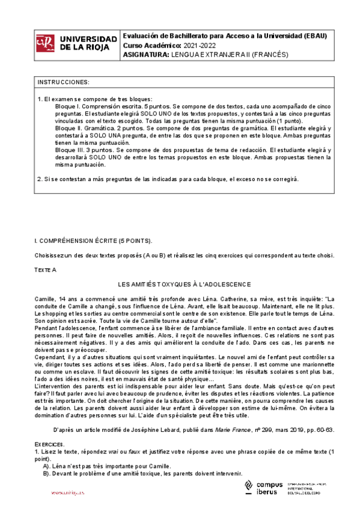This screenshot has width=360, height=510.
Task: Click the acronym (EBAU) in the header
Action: pos(314,35)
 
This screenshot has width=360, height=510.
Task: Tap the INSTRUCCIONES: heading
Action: pos(64,82)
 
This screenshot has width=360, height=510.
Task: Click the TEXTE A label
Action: pos(45,270)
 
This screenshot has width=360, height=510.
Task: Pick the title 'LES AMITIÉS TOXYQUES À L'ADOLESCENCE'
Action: pos(184,284)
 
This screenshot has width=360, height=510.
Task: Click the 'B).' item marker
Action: pos(47,473)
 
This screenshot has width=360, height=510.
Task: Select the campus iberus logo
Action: pos(264,488)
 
